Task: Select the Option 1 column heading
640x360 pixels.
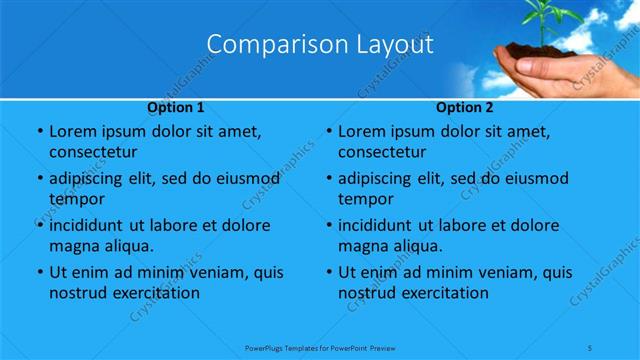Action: [x=176, y=106]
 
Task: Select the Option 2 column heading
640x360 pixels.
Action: [x=465, y=106]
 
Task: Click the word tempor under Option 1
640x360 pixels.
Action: [x=73, y=199]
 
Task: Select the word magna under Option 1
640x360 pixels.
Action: [x=71, y=246]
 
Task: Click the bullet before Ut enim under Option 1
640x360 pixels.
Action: [x=38, y=272]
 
